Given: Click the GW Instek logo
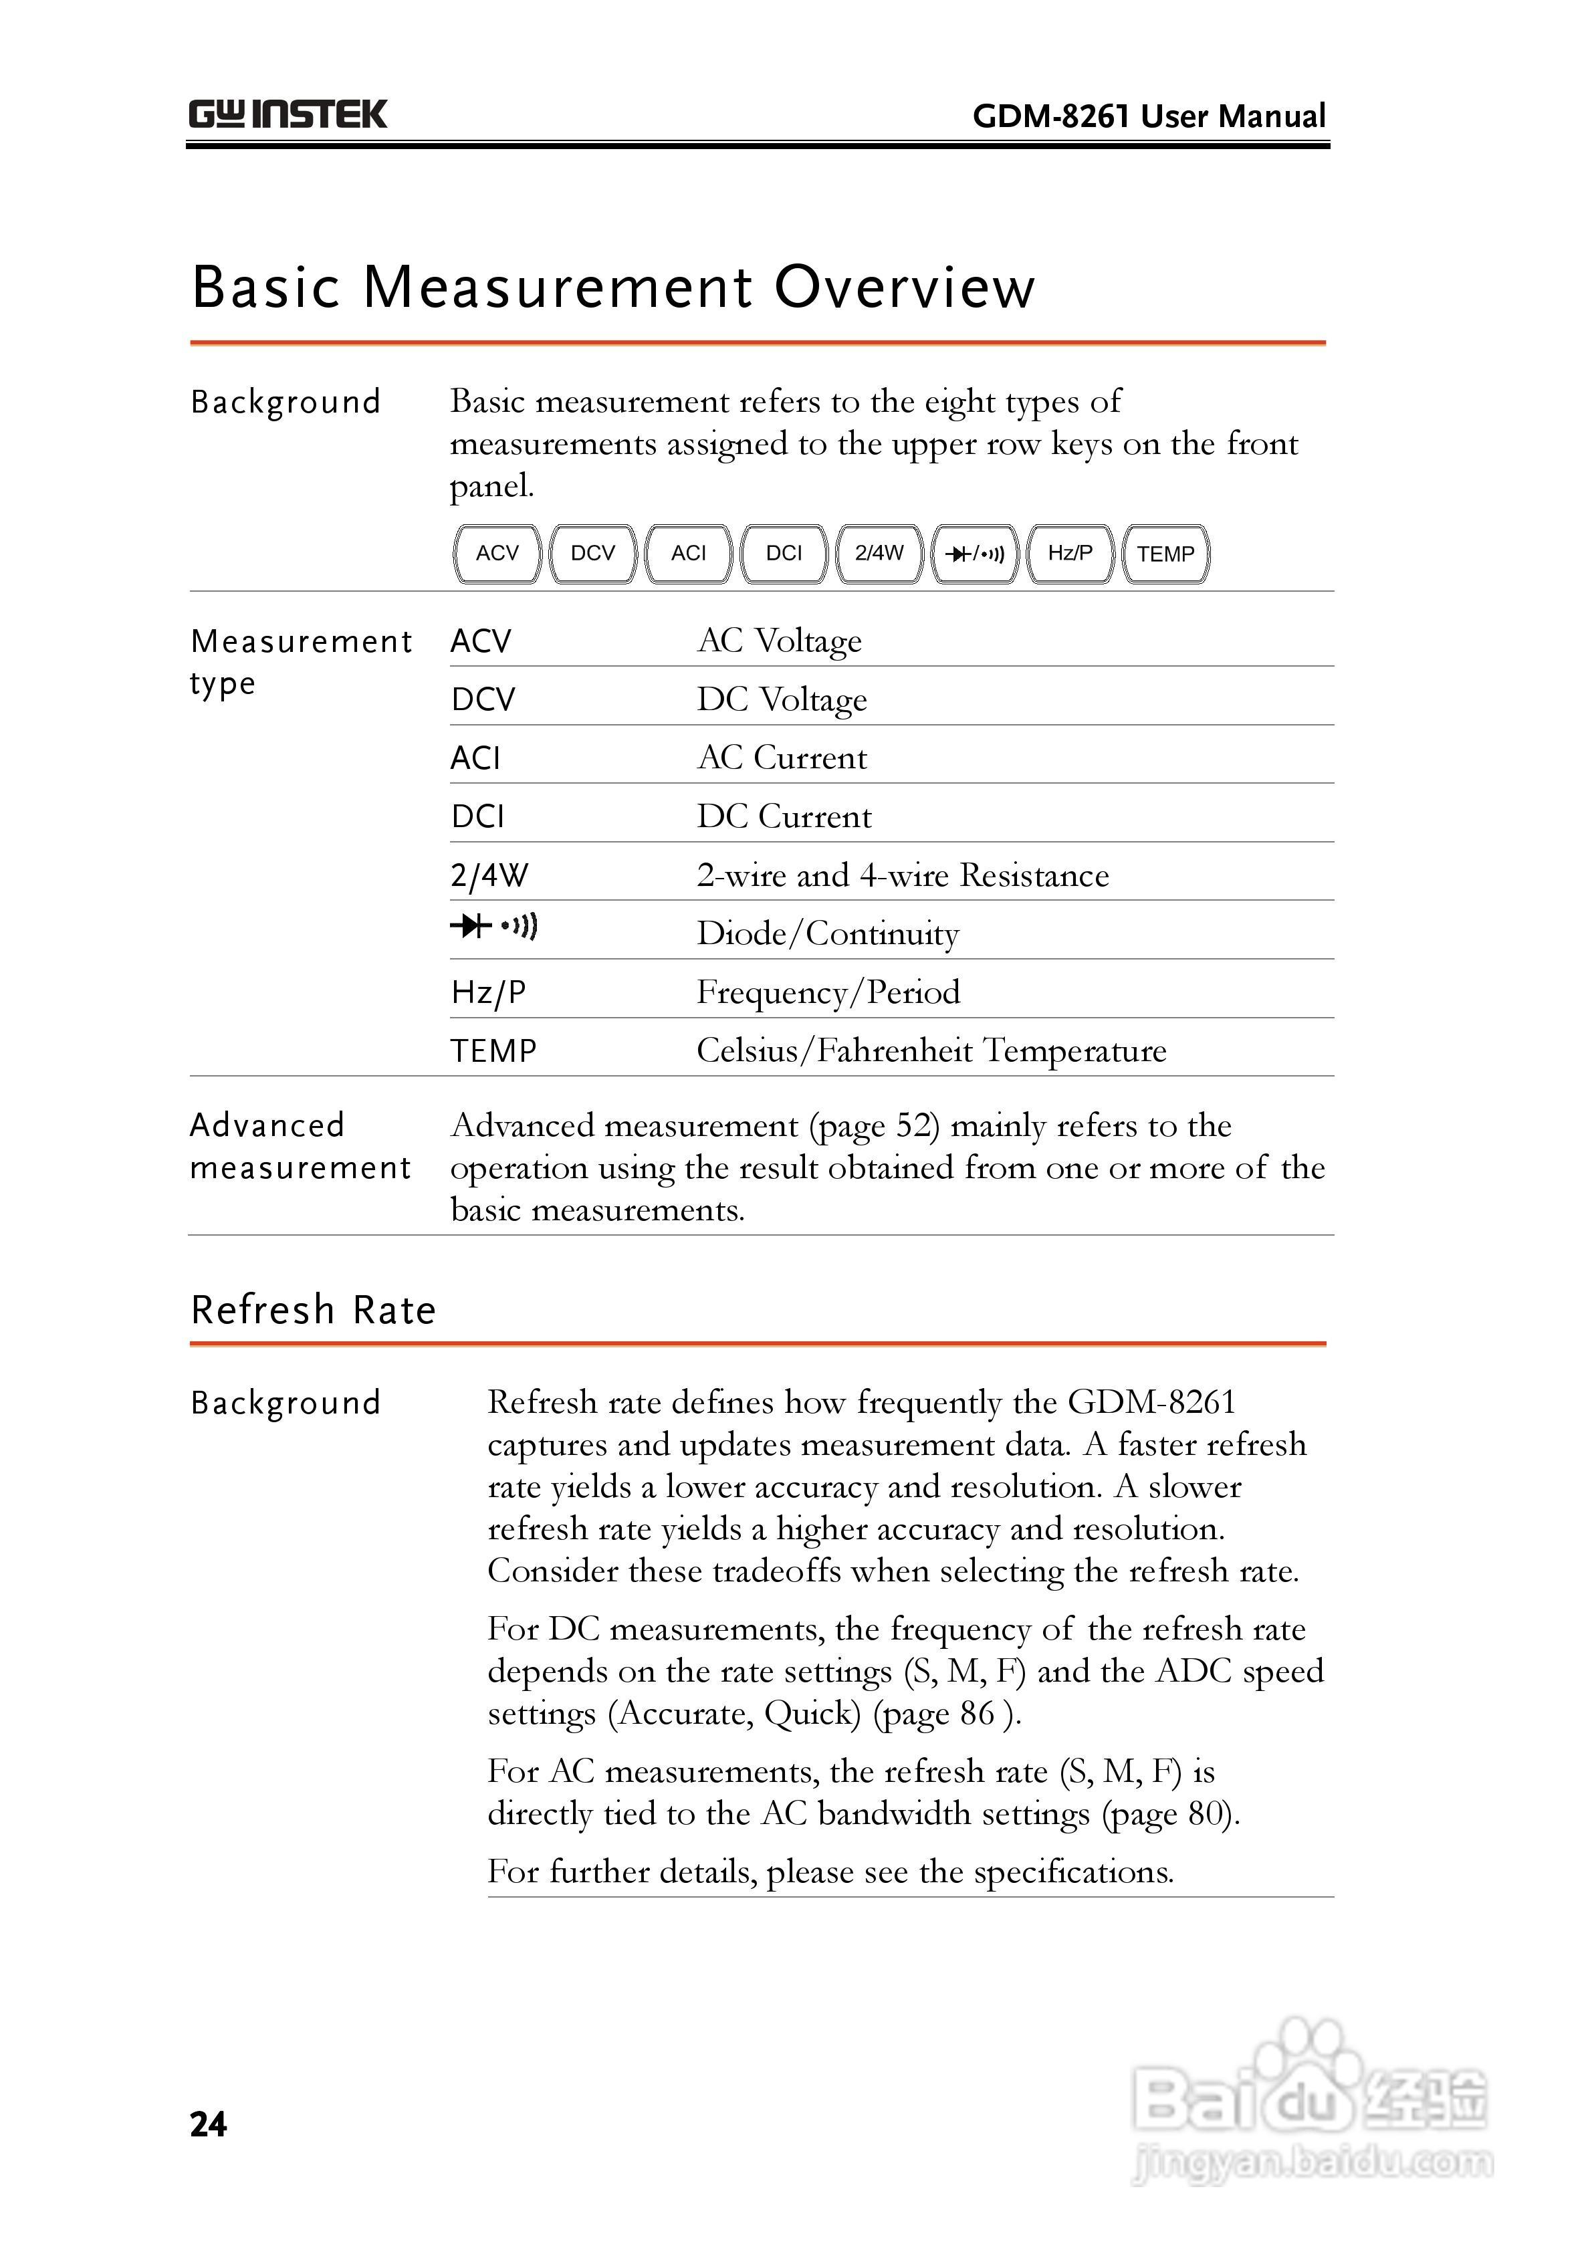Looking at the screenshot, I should click(x=288, y=115).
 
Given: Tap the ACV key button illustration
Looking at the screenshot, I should click(x=497, y=553).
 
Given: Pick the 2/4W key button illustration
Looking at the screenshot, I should click(x=879, y=553).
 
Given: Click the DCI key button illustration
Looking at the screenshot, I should click(x=784, y=553).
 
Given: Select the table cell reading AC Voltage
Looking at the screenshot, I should click(x=779, y=641).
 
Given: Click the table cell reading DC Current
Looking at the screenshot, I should click(x=784, y=816).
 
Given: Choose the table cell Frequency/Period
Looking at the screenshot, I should click(x=828, y=992).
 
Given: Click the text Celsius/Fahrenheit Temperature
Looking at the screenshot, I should click(x=931, y=1050).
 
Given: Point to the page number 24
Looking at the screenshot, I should click(x=208, y=2124).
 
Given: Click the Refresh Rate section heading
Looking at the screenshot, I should click(x=313, y=1311).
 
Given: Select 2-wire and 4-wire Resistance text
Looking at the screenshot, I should click(x=903, y=875).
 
